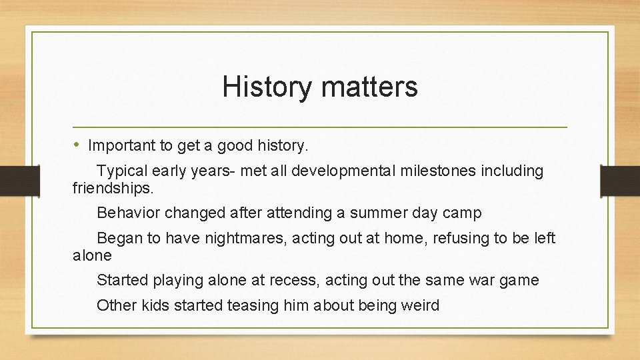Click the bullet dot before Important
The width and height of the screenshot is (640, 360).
tap(79, 145)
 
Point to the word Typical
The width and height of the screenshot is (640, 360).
tap(121, 171)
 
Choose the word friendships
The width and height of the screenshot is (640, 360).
tap(113, 188)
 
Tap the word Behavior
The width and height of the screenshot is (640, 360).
tap(129, 213)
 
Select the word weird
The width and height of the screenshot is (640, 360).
tap(420, 306)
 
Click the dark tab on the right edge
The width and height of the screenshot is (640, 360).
tap(620, 181)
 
